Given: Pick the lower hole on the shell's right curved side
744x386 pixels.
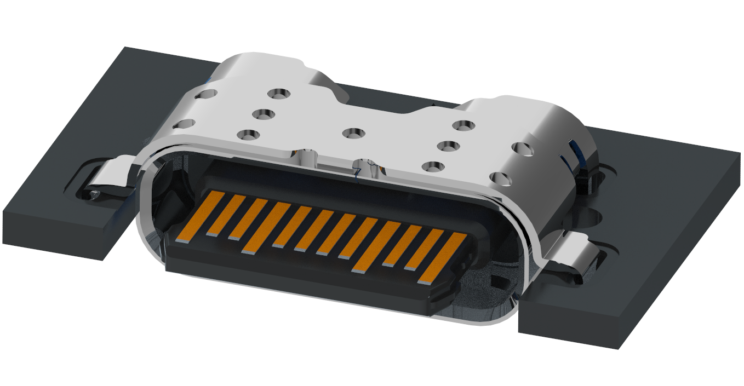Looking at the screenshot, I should point(499,177).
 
